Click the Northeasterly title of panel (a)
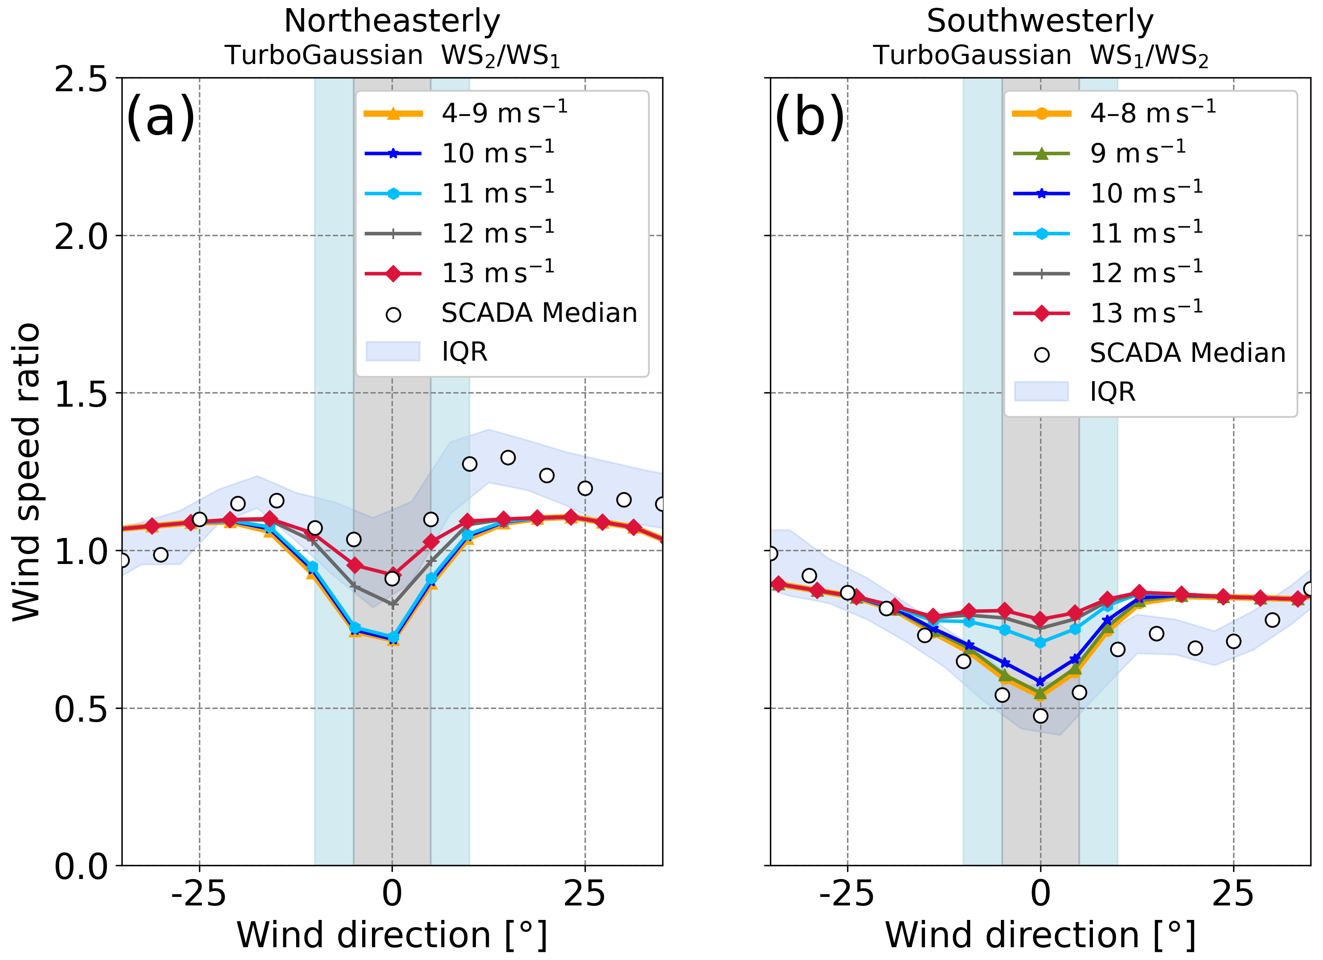tap(392, 22)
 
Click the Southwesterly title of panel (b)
tap(1040, 22)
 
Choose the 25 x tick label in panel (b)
tap(1233, 894)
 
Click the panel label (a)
tap(160, 117)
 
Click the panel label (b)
tap(809, 117)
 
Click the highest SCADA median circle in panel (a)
tap(507, 457)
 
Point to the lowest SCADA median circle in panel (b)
tap(1040, 716)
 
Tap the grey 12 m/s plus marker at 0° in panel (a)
tap(392, 604)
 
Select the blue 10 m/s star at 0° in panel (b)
tap(1040, 682)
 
